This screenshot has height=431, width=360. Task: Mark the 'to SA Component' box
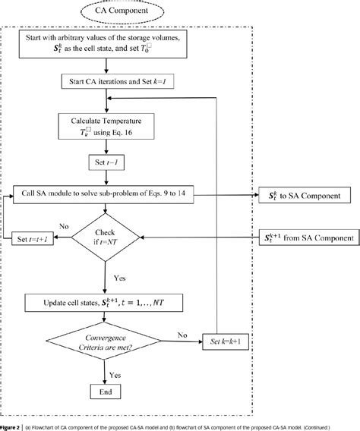pyautogui.click(x=305, y=195)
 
